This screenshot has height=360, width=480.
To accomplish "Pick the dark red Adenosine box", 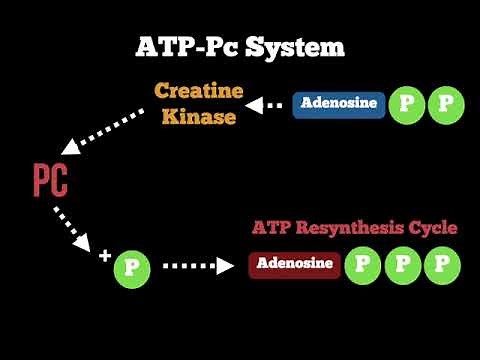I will pyautogui.click(x=295, y=265).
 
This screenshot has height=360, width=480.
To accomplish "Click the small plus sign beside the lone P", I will pyautogui.click(x=104, y=256).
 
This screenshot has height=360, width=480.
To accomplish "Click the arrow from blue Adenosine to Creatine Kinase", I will pyautogui.click(x=267, y=104).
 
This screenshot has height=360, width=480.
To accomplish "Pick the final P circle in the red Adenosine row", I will pyautogui.click(x=442, y=265).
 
